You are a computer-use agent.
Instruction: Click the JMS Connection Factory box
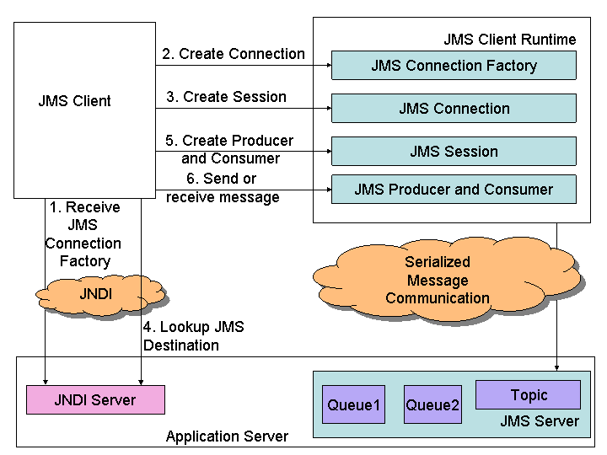(454, 66)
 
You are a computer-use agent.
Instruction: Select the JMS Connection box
(454, 109)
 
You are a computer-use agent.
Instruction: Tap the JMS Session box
(454, 152)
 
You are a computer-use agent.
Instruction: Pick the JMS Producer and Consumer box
(454, 190)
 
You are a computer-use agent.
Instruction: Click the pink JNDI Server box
(95, 400)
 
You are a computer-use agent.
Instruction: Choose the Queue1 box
(353, 405)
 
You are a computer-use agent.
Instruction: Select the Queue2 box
(432, 405)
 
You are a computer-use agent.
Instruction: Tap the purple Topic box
(529, 395)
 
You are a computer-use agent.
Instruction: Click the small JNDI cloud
(95, 294)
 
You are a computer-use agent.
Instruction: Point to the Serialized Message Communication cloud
(438, 281)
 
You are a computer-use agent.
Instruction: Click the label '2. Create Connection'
(234, 54)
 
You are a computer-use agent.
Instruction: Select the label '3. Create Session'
(226, 97)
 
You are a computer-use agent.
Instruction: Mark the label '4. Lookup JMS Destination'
(193, 336)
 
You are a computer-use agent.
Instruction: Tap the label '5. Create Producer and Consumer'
(230, 149)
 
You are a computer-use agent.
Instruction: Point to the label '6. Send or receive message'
(223, 188)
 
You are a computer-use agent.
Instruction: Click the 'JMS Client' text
(74, 101)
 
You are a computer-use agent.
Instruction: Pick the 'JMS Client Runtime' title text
(510, 40)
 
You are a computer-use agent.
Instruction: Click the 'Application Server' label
(227, 436)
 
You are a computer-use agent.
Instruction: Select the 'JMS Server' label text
(540, 421)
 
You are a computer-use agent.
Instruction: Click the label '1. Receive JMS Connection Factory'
(84, 234)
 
